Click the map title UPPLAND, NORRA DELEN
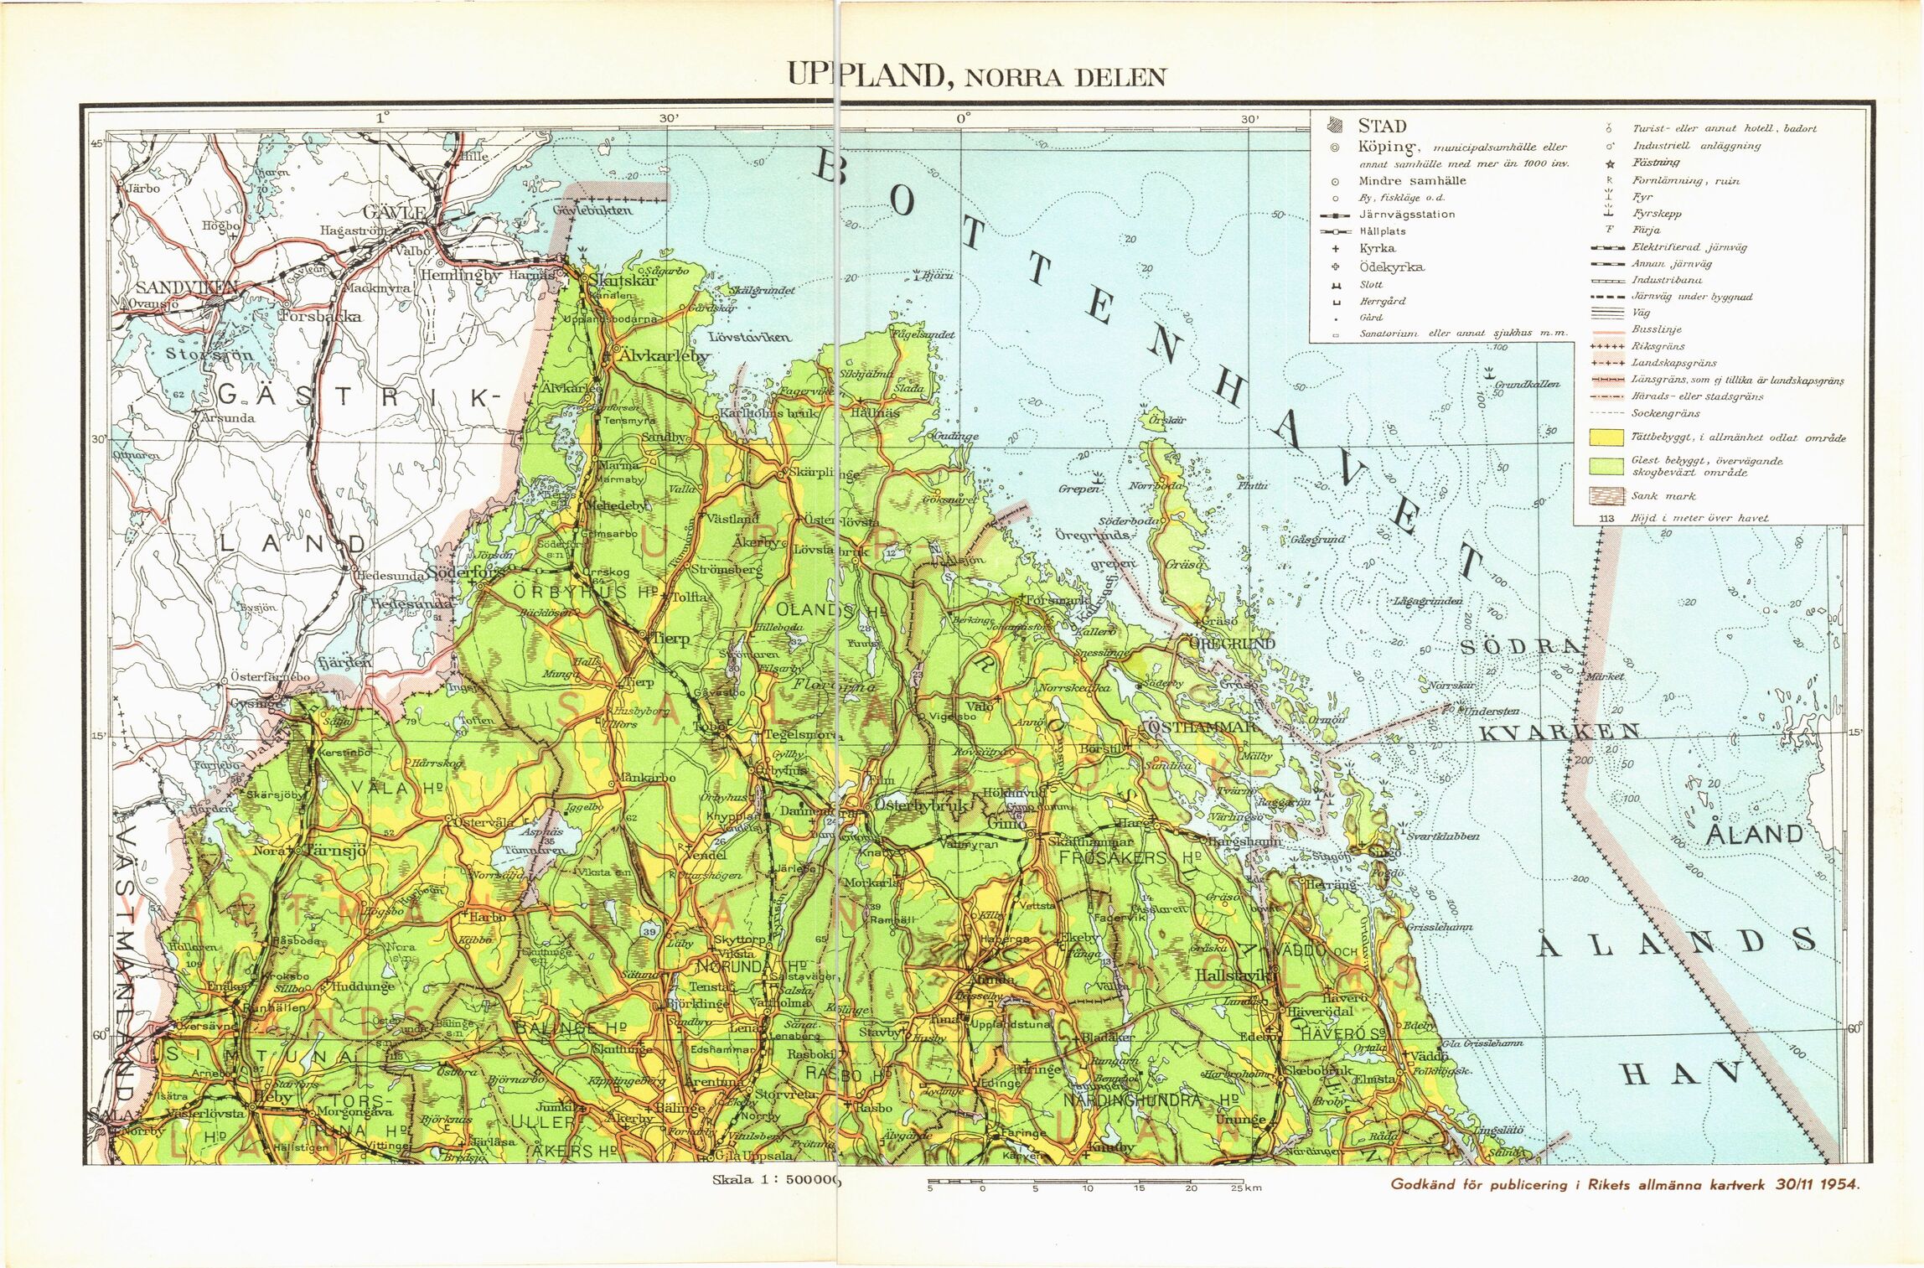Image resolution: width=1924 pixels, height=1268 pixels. (x=976, y=76)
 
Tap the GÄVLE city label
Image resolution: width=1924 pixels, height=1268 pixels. (x=394, y=213)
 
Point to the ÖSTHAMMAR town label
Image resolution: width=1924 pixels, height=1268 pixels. (x=1201, y=727)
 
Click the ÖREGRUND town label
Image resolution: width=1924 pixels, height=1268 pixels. (x=1232, y=643)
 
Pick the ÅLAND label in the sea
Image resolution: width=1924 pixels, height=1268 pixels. (x=1754, y=835)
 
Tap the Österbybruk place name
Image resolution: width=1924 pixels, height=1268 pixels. (x=921, y=805)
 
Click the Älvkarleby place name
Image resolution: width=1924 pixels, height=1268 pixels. (x=663, y=355)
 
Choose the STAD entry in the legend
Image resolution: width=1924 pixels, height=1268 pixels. (x=1382, y=127)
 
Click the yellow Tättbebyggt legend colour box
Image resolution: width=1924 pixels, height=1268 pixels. (x=1606, y=437)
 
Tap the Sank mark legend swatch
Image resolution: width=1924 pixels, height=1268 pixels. (x=1606, y=496)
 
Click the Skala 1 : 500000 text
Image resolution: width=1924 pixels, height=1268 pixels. (x=775, y=1180)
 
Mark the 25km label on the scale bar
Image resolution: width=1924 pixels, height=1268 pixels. (x=1246, y=1188)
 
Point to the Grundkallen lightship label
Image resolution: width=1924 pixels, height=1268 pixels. (x=1527, y=384)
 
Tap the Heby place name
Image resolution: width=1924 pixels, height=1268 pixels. (x=272, y=1097)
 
